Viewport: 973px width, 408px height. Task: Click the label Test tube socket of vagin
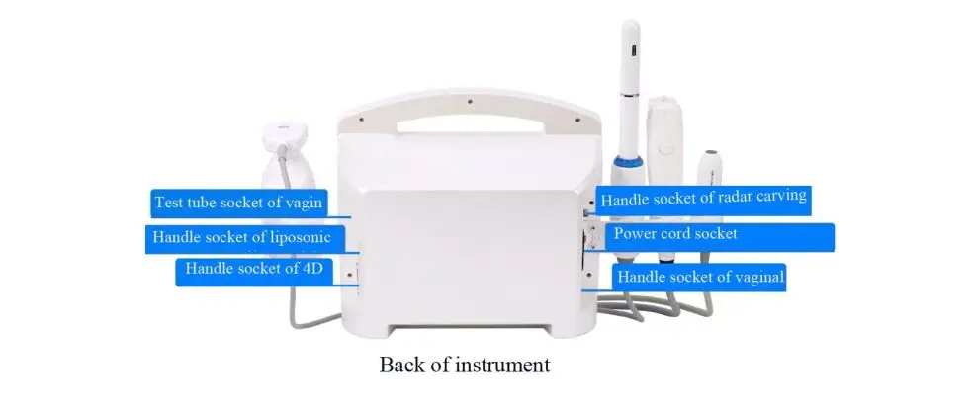tap(238, 203)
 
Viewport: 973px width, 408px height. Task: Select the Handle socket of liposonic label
tap(242, 238)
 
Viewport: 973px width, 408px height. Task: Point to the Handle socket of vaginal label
tap(700, 277)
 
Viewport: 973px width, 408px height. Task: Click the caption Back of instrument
tap(464, 364)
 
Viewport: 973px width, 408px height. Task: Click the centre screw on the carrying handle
tap(469, 99)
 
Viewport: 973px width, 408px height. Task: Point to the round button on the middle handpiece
tap(664, 149)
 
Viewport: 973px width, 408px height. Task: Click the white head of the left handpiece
tap(285, 135)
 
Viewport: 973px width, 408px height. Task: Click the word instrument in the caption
tap(502, 365)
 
